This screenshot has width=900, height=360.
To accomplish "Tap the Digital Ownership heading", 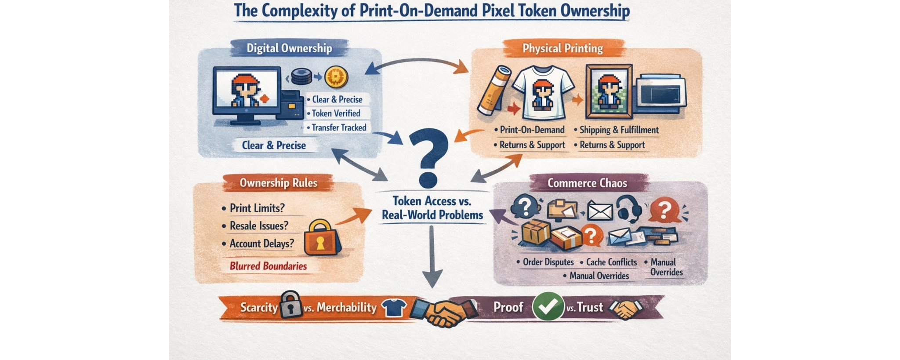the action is (x=289, y=48).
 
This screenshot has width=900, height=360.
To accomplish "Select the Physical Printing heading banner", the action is (x=562, y=48).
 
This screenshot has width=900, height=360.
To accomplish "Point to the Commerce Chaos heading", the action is (x=587, y=183).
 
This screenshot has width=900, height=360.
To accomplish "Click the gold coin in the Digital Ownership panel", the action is (x=336, y=78).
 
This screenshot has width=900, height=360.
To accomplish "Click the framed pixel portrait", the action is (x=609, y=92).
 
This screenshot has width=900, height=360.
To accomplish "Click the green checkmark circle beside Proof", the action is (x=548, y=306).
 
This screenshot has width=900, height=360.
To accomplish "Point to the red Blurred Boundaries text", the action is (x=268, y=266).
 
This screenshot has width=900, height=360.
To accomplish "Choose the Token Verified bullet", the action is (x=336, y=113).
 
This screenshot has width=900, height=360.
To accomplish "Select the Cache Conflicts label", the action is (x=611, y=262).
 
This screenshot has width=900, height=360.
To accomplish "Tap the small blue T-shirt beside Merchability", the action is (x=392, y=307).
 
